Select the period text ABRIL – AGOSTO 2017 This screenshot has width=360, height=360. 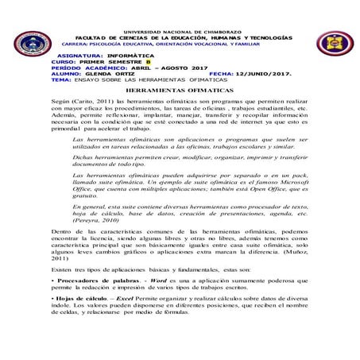click(x=141, y=68)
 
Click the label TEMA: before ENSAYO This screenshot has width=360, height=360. click(x=38, y=80)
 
